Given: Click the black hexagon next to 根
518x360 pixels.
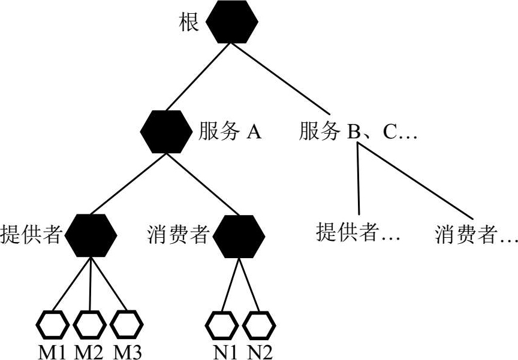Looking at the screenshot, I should click(231, 22).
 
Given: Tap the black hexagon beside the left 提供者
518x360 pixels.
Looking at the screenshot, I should click(90, 235).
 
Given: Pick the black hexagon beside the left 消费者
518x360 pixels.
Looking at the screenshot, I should click(239, 235).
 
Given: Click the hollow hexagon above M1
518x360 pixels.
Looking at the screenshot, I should click(53, 325).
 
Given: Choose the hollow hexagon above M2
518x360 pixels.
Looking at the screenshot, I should click(89, 325).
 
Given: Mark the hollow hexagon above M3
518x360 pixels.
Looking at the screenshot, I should click(126, 325).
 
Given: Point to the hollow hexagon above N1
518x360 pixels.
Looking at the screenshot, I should click(222, 325).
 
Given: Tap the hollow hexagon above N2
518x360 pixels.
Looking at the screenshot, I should click(258, 325).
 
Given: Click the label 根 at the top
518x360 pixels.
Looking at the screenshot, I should click(189, 23).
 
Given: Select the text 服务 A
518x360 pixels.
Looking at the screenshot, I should click(230, 132).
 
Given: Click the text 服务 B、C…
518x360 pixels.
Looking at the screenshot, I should click(357, 132).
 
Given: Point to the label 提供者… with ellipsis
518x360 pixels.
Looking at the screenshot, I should click(358, 232).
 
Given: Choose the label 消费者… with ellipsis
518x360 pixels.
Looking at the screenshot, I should click(476, 234).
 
